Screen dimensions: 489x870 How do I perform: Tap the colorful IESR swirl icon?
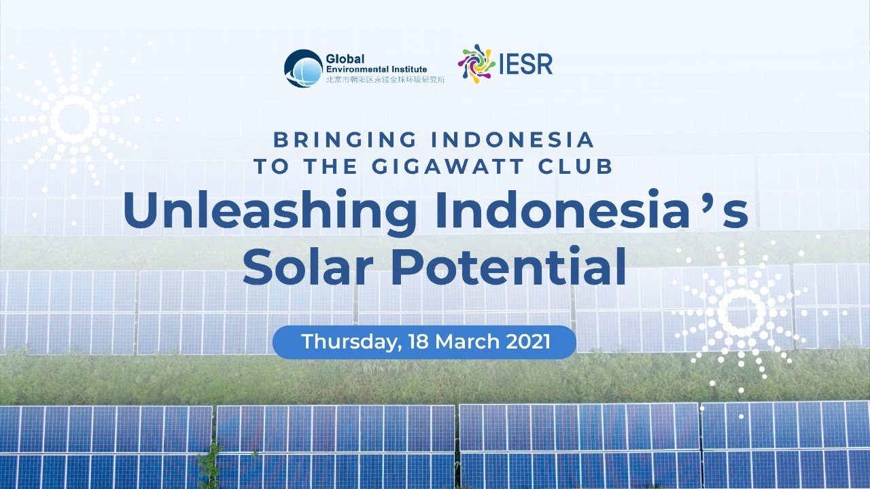point(476,65)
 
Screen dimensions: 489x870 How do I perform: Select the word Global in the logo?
point(346,59)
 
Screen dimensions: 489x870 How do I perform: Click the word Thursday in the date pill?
point(347,342)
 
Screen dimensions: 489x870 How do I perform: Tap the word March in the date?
point(464,342)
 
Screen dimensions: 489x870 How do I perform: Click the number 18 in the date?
point(419,342)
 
